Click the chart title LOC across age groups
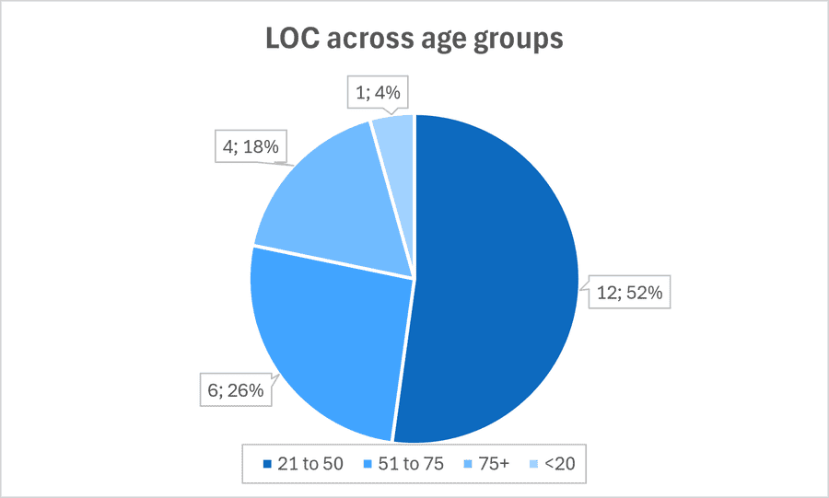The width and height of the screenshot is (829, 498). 414,39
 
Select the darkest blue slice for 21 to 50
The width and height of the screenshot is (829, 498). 497,280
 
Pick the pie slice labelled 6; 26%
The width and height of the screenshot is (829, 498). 328,343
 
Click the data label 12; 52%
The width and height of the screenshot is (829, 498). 629,292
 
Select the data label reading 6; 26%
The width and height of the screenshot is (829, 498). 235,390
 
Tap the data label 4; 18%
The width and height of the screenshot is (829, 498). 251,146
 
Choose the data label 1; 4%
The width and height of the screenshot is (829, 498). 378,92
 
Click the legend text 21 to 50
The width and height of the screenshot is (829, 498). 310,464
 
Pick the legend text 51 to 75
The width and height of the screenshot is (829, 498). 411,464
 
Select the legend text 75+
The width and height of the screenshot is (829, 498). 494,464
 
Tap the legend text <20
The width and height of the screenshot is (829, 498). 559,464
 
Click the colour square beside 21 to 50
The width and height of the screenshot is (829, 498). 267,464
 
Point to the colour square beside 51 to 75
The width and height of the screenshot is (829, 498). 368,464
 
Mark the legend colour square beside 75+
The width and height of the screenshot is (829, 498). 469,464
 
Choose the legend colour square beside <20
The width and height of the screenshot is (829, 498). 534,464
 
